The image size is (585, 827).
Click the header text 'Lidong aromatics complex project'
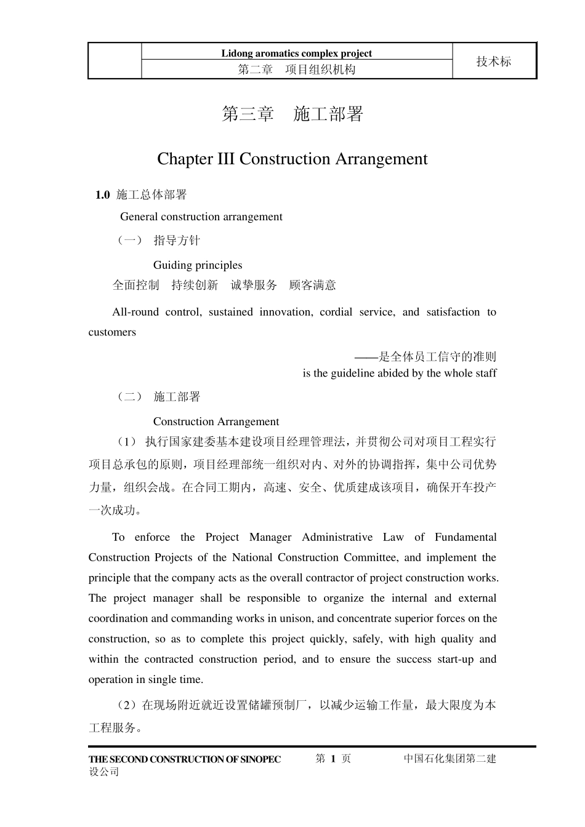(296, 53)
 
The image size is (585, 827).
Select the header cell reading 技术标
(494, 62)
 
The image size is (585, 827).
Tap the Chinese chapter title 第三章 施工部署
(292, 114)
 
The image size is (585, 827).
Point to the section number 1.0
(102, 195)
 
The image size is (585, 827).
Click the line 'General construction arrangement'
(201, 217)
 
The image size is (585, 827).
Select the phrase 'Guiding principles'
(198, 265)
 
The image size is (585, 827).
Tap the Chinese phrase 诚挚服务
(254, 285)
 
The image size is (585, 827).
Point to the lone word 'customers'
(112, 332)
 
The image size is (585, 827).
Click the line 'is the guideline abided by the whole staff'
(399, 373)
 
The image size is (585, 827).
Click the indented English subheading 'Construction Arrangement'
(216, 421)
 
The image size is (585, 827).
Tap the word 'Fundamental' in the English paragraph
(465, 537)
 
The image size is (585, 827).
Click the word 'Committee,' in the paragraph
(374, 557)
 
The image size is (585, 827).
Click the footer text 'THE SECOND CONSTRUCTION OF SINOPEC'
(185, 759)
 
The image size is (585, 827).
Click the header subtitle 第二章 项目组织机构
(296, 70)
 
